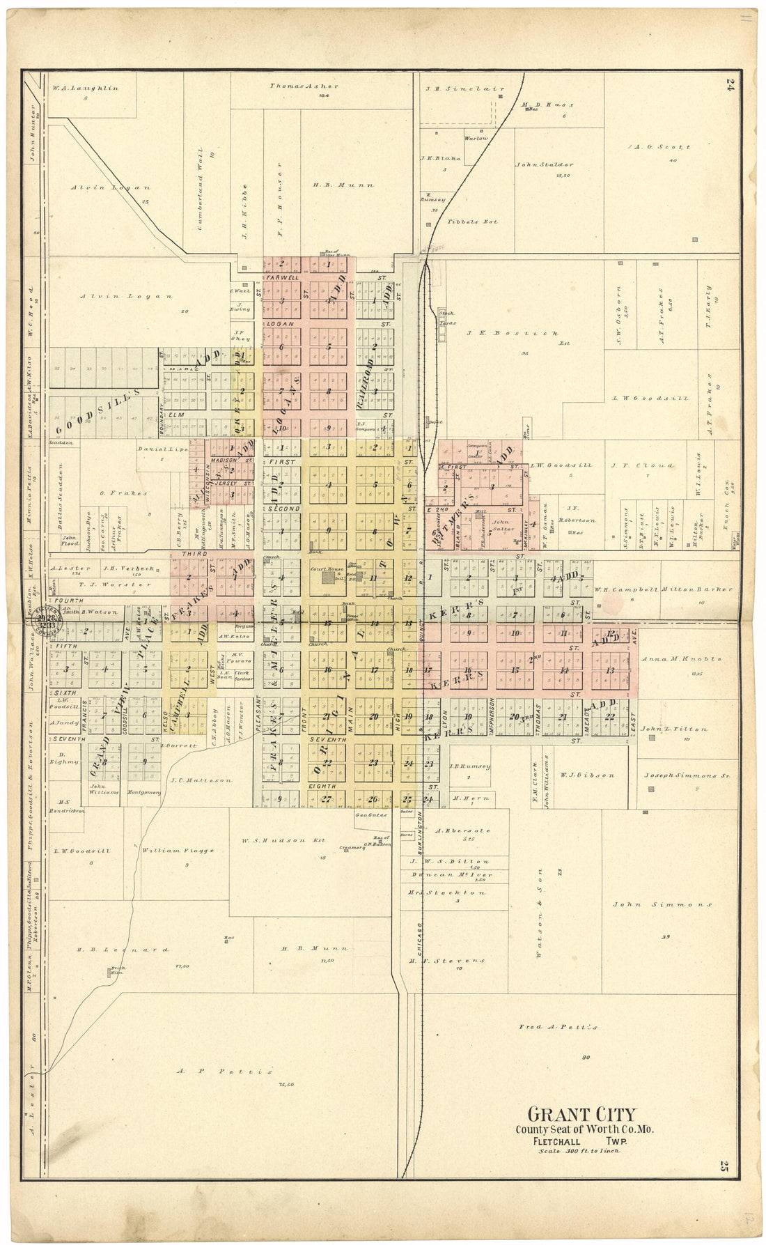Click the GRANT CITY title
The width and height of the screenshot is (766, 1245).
tap(581, 1114)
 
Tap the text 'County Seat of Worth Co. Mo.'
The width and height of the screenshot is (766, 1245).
tap(584, 1129)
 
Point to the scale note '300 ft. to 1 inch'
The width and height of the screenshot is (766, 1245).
tap(579, 1151)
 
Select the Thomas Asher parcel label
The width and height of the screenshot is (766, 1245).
tap(304, 86)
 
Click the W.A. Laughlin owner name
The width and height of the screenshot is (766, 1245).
tap(86, 88)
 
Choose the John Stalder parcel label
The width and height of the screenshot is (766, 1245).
tap(545, 165)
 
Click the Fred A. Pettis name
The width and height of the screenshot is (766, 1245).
tap(558, 1027)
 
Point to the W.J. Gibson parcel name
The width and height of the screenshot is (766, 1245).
tap(587, 775)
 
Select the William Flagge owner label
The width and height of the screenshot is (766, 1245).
tap(178, 850)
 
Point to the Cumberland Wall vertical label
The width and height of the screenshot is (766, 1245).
tap(200, 189)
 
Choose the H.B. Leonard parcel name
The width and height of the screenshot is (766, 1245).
tap(123, 950)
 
